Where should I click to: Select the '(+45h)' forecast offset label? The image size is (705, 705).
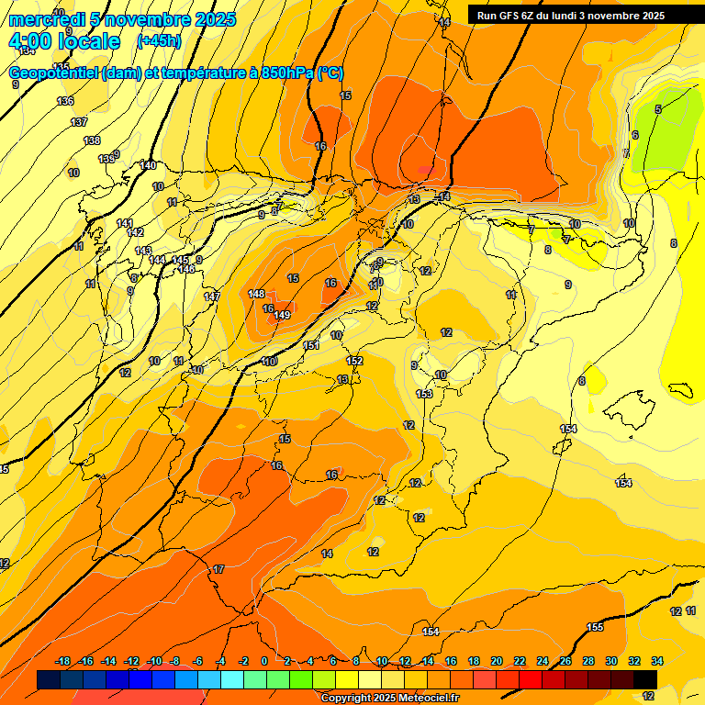click(x=159, y=41)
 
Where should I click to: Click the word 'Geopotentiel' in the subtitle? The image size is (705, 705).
click(x=54, y=73)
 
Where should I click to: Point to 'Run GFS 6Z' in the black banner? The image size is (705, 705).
click(x=509, y=16)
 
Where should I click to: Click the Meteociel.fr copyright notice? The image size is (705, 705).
click(x=389, y=699)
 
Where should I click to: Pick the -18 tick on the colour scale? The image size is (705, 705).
click(x=63, y=661)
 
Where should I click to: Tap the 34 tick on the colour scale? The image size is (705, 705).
click(x=657, y=661)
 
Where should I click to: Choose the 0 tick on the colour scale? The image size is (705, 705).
click(x=264, y=661)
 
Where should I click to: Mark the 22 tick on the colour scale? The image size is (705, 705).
click(x=520, y=661)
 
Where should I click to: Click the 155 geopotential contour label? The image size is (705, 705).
click(x=595, y=627)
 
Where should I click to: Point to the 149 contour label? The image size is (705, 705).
click(x=282, y=315)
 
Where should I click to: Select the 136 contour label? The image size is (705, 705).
click(x=64, y=101)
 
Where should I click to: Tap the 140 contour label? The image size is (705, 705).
click(x=148, y=165)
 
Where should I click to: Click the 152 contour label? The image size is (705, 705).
click(x=354, y=361)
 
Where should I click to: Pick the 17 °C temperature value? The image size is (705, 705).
click(x=218, y=570)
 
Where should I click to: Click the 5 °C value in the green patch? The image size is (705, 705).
click(x=657, y=109)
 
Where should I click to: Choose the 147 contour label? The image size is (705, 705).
click(x=212, y=297)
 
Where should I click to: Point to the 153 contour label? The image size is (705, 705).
click(x=424, y=394)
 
